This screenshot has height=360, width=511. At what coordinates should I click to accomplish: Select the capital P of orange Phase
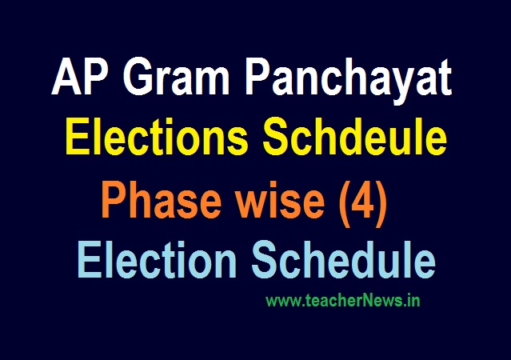112,205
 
